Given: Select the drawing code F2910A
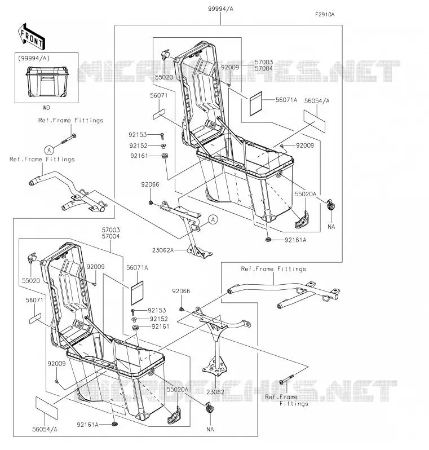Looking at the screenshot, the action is click(x=325, y=14).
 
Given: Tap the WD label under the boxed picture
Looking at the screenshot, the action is click(x=46, y=108).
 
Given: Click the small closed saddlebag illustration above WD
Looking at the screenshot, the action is click(x=47, y=81).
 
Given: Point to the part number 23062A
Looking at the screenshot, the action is click(x=163, y=250).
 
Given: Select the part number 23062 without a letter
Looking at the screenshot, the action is click(x=215, y=392).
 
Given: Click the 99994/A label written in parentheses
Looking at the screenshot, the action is click(x=34, y=58).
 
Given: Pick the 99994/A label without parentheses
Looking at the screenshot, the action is click(x=220, y=9).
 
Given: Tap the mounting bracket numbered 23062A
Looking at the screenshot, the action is click(x=187, y=227).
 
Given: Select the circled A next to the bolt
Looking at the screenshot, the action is click(x=49, y=150).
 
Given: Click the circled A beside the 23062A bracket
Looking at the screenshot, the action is click(x=213, y=219).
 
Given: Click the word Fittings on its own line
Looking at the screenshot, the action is click(x=294, y=404).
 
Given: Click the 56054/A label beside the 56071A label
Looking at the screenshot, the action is click(x=317, y=101).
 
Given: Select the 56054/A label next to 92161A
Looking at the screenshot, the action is click(x=45, y=429).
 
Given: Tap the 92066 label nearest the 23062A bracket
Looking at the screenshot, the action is click(x=150, y=184).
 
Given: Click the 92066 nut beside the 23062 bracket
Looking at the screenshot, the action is click(x=182, y=309).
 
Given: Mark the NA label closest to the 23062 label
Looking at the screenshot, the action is click(x=210, y=429).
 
